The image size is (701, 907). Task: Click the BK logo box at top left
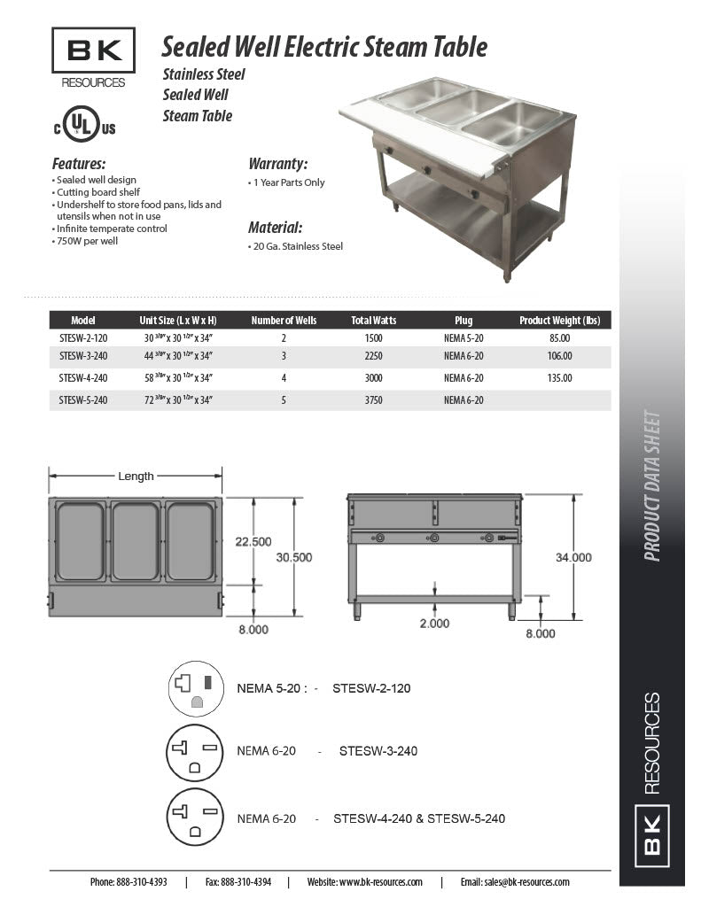93,50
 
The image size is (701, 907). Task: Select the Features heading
79,164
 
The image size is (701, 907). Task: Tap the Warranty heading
277,164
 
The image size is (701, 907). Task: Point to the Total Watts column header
374,321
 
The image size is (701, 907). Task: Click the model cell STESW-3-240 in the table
83,356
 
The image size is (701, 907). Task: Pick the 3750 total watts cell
374,400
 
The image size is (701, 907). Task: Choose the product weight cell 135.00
559,378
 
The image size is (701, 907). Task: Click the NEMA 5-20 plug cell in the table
463,337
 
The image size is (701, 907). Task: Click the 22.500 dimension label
253,541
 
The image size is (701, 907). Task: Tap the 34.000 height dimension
573,557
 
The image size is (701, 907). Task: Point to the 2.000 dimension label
434,624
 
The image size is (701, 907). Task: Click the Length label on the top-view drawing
136,477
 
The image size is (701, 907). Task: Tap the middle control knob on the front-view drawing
433,538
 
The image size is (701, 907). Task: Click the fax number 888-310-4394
245,882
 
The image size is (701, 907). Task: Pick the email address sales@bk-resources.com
526,882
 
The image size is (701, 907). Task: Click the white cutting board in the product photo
417,132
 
